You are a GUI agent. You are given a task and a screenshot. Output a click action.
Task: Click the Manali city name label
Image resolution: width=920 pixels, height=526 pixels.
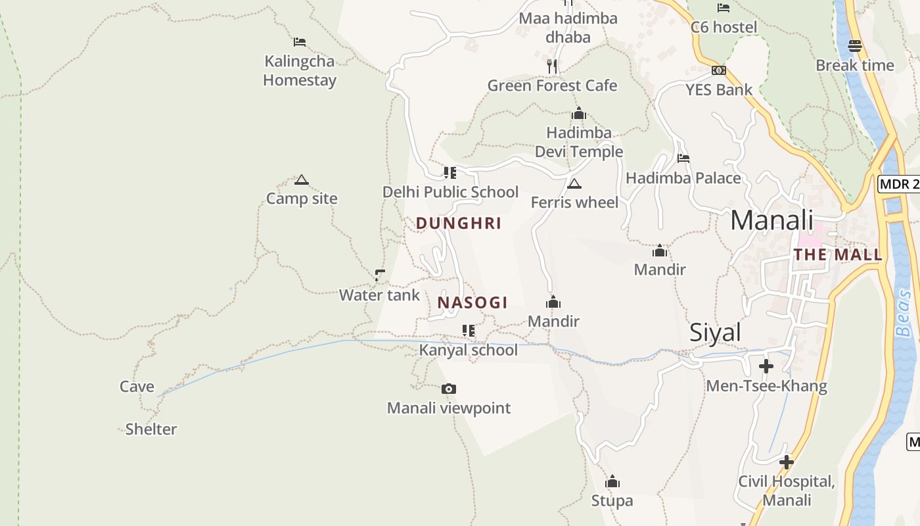[771, 220]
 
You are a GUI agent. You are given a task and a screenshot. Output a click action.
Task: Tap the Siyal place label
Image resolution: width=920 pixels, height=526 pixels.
[715, 333]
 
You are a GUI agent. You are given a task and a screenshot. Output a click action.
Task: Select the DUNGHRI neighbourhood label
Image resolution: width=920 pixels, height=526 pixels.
[459, 224]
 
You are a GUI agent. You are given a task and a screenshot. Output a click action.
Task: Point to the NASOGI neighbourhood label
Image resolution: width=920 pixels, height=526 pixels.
[472, 303]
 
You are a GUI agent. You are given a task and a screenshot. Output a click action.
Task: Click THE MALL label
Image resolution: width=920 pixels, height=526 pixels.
[837, 255]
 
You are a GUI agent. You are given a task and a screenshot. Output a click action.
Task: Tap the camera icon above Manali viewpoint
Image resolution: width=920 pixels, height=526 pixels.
[449, 389]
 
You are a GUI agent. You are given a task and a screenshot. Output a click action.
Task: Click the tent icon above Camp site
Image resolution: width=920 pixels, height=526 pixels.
[302, 180]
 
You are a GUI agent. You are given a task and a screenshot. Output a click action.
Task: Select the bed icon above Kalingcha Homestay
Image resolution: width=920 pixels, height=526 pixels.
[300, 42]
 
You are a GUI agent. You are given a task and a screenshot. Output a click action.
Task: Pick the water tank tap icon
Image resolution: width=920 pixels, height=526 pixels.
[379, 275]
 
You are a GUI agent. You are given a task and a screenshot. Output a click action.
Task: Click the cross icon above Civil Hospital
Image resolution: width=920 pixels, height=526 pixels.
[786, 462]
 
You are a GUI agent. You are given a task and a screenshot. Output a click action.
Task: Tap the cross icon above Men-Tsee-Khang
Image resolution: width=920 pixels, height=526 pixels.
[766, 366]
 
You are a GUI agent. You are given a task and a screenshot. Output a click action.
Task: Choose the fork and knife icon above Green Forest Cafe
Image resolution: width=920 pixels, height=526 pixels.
[552, 66]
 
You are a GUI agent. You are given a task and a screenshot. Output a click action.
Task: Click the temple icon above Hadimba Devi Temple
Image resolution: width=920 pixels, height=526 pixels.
[578, 114]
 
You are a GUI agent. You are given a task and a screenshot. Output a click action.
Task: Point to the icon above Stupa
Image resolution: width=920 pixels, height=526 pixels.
[612, 482]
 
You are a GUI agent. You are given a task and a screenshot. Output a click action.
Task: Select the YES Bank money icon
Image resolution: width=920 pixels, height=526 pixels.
[719, 70]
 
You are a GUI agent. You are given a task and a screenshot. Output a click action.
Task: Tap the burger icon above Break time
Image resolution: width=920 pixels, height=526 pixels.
[854, 46]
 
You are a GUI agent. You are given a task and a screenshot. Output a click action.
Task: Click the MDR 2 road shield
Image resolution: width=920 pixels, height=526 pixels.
[899, 184]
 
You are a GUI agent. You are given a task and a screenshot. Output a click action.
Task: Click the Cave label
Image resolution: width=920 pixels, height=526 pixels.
[137, 387]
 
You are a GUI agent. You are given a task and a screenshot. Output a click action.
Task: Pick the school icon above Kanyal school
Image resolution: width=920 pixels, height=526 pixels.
[468, 330]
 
